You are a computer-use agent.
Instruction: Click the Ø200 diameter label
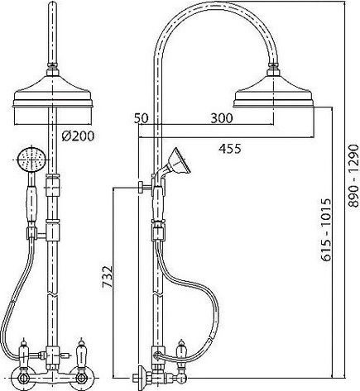78,136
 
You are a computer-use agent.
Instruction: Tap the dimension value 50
142,118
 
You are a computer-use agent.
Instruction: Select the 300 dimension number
222,118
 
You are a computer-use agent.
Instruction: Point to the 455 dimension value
230,149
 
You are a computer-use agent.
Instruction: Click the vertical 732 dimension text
108,277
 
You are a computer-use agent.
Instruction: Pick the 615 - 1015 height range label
326,230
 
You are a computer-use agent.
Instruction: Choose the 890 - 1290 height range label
353,175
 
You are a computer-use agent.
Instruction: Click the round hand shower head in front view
30,160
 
